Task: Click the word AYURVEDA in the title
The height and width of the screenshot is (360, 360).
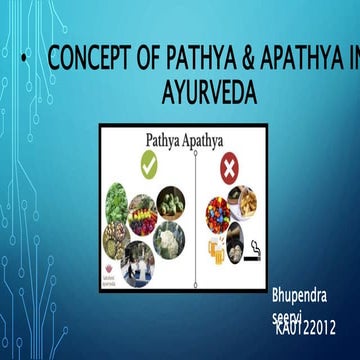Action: coord(208,93)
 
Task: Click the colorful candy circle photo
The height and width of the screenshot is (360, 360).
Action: coord(218,210)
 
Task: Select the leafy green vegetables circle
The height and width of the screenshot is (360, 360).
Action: coord(117,199)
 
